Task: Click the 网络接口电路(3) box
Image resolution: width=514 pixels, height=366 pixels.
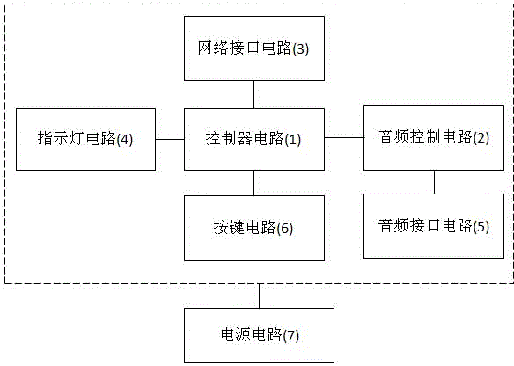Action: click(254, 48)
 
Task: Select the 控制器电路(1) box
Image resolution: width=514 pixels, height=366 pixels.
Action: click(254, 139)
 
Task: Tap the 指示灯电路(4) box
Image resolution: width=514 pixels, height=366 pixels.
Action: click(86, 139)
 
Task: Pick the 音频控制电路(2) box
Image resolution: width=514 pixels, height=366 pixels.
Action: click(434, 137)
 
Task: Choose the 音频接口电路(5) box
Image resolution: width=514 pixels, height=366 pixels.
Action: click(434, 226)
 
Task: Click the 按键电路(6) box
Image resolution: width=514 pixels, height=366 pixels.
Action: click(254, 229)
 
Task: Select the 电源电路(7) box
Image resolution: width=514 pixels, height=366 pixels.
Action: click(259, 335)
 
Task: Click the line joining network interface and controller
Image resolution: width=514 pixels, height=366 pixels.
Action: click(254, 94)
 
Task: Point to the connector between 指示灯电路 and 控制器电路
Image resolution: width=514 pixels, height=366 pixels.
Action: click(170, 139)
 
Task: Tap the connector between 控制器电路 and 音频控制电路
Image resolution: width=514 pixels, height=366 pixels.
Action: click(344, 137)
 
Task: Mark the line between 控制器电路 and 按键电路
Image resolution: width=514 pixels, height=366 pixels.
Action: click(254, 183)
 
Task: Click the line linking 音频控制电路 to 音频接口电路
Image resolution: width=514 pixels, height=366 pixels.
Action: click(435, 182)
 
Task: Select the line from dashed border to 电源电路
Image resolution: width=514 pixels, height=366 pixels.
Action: click(260, 296)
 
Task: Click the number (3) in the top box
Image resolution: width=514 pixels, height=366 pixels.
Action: click(301, 49)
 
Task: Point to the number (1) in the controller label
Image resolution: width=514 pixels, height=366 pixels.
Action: click(292, 140)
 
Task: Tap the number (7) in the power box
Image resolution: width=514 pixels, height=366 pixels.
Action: click(291, 336)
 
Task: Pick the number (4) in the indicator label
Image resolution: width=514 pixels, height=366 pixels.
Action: click(125, 140)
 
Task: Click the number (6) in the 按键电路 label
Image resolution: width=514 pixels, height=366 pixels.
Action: click(285, 229)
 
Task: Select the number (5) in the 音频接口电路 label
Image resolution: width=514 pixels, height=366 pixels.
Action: click(481, 227)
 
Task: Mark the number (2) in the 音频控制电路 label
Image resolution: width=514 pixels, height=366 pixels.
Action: click(481, 138)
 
